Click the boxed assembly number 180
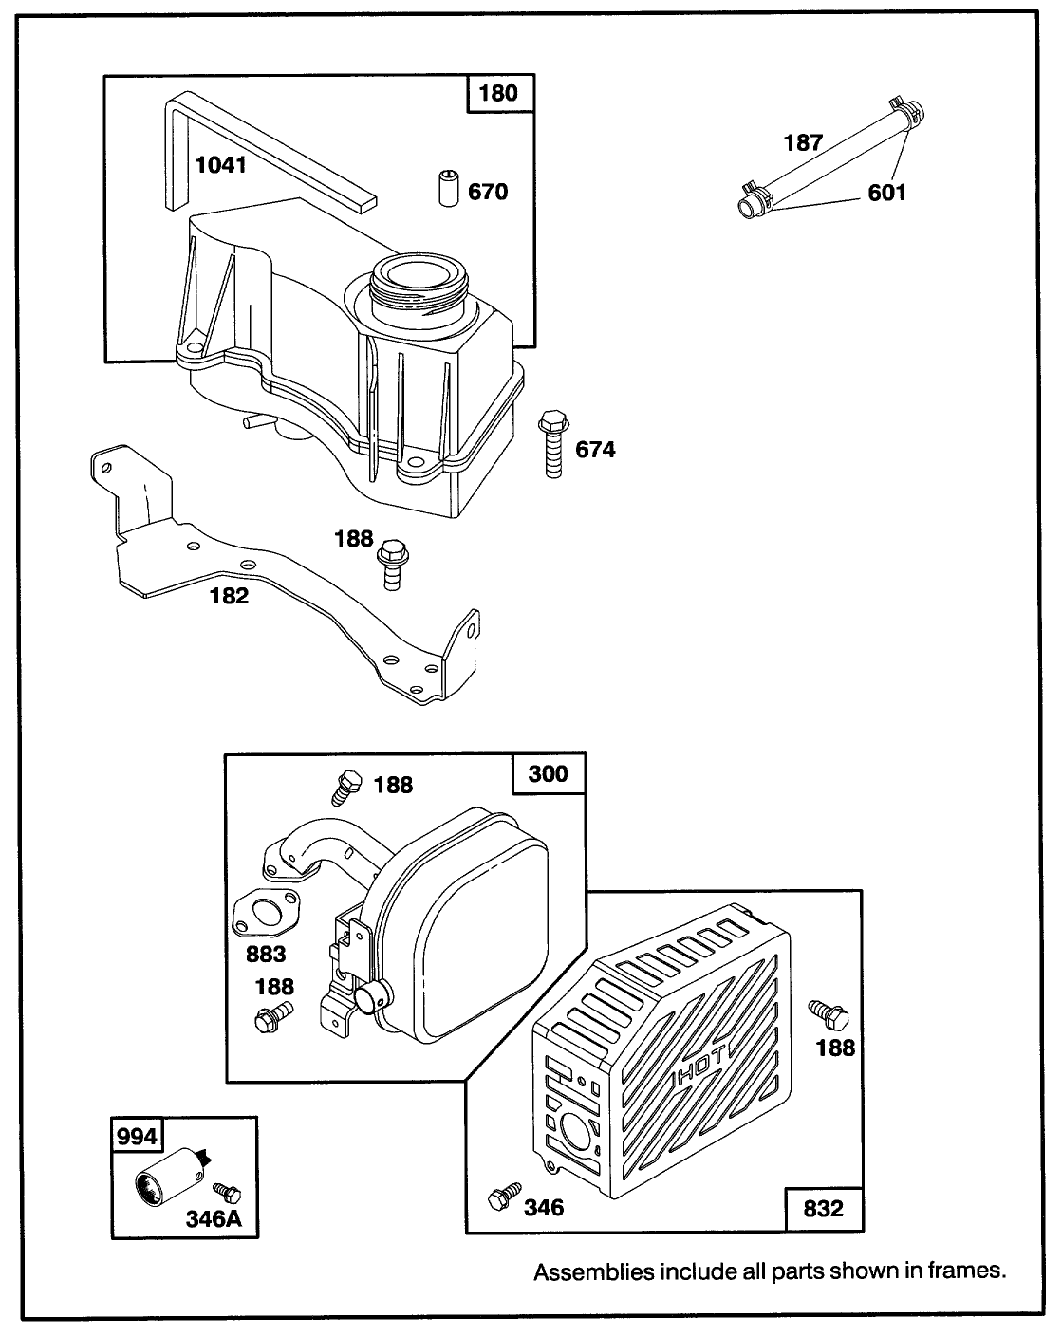[499, 93]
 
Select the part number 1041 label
[220, 165]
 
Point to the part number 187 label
[803, 144]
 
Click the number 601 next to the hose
[886, 193]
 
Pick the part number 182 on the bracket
[229, 596]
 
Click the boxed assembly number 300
[548, 773]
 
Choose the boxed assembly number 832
[822, 1209]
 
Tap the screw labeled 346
[502, 1197]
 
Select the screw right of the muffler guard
[829, 1015]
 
